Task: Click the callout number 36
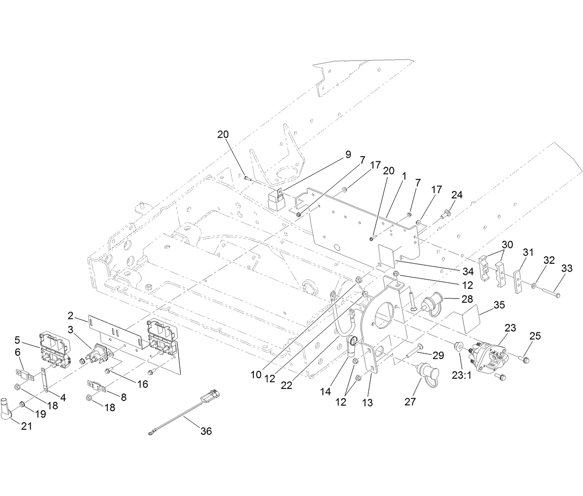pyautogui.click(x=206, y=431)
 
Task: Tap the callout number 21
pyautogui.click(x=26, y=426)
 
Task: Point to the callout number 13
pyautogui.click(x=367, y=403)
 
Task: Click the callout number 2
pyautogui.click(x=70, y=316)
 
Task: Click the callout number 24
pyautogui.click(x=456, y=195)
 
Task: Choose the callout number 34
pyautogui.click(x=468, y=270)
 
